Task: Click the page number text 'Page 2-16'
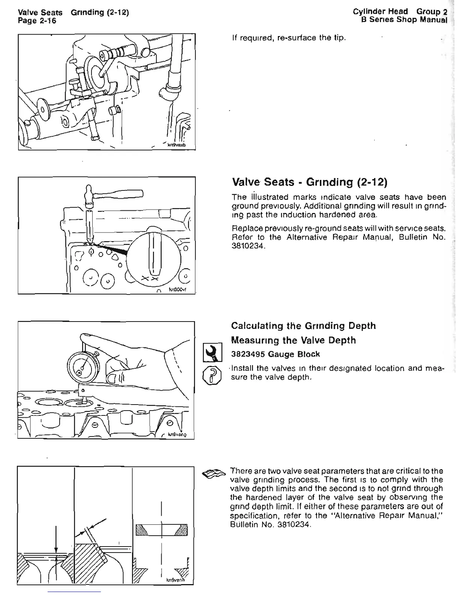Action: [37, 21]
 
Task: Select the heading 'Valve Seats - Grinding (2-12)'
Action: [309, 182]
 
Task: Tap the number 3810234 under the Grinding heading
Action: [247, 246]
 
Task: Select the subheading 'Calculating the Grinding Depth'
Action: [303, 326]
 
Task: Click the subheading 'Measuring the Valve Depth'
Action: [294, 340]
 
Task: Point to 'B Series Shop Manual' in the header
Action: [404, 20]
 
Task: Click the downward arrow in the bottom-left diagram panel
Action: [56, 539]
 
